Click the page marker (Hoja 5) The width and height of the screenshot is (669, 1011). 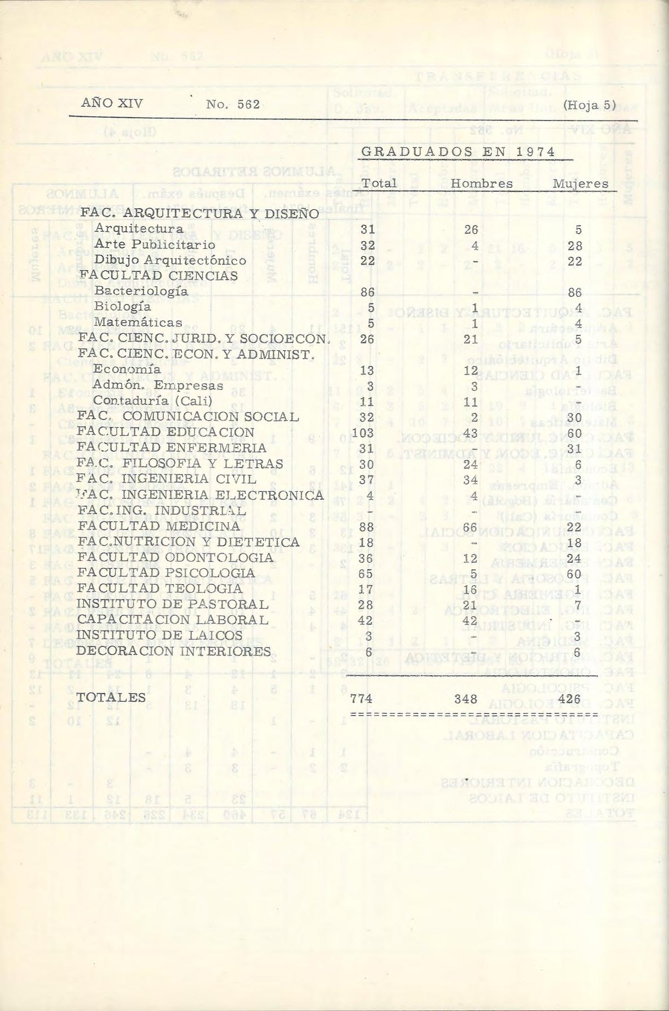click(x=589, y=105)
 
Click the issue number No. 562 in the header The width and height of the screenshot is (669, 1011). click(x=233, y=105)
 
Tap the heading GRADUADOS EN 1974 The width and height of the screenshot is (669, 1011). click(x=459, y=152)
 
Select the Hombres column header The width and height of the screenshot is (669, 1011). click(x=482, y=184)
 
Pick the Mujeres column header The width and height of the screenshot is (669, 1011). click(x=580, y=184)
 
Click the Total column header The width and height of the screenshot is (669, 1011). click(x=379, y=183)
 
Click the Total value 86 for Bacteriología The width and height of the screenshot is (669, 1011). click(x=367, y=293)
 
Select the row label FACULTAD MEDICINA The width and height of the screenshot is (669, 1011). click(x=159, y=526)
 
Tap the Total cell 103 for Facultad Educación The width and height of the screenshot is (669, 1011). click(x=363, y=433)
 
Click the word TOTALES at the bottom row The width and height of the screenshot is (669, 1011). click(x=111, y=698)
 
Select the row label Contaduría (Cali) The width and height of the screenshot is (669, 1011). click(x=152, y=401)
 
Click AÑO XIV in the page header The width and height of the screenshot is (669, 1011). click(x=112, y=103)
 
